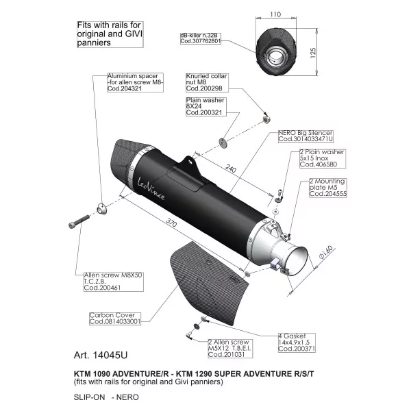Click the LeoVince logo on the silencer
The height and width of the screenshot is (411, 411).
(151, 189)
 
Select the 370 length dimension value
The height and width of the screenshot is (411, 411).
(171, 223)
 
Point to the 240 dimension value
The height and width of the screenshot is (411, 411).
(230, 169)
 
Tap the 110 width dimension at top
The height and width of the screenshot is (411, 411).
(275, 14)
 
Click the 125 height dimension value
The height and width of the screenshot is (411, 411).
(313, 53)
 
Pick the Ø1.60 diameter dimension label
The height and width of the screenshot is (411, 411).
(326, 252)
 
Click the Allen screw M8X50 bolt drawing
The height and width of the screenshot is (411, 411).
(79, 221)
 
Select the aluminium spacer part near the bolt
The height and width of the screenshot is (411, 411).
(102, 209)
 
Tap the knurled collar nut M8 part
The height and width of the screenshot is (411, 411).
(266, 120)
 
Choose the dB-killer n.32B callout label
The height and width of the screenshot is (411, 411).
(201, 38)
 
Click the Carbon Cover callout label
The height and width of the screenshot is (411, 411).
(115, 319)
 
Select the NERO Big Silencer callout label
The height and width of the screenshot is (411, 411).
(306, 136)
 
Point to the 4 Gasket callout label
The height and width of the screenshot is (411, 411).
(297, 342)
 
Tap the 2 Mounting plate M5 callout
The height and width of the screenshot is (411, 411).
(328, 188)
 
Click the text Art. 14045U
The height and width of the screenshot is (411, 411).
(101, 355)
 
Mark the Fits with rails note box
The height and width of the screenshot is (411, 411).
(110, 34)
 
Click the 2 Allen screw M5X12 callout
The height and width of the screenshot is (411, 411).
(230, 349)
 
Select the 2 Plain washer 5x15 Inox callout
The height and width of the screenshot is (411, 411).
(323, 159)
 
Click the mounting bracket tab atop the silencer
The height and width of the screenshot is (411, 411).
(189, 164)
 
